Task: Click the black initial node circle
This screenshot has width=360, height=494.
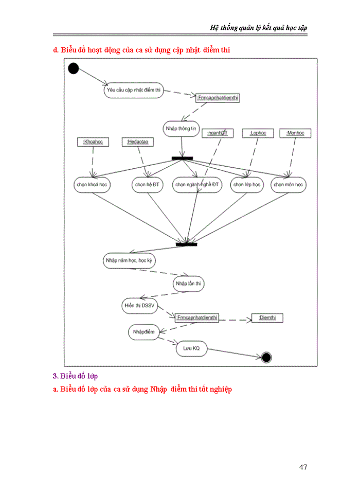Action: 73,68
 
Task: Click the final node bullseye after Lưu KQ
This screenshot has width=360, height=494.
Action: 266,358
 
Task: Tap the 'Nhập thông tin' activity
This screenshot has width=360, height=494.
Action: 181,129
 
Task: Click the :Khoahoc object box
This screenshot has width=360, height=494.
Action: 93,142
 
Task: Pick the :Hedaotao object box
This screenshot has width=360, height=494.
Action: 137,142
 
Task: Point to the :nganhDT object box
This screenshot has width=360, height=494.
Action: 217,133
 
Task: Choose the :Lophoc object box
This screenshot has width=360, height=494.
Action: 258,133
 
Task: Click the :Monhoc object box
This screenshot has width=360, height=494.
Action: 295,133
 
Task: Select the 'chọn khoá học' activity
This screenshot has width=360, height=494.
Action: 92,185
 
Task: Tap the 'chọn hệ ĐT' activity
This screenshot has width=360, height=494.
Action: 147,185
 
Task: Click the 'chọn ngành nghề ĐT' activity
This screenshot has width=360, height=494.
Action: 197,185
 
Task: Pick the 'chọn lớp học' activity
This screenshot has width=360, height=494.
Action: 247,185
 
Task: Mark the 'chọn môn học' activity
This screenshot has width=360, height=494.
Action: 289,185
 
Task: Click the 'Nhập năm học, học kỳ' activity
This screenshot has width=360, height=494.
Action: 129,261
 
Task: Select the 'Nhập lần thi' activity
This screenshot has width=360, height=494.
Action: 188,284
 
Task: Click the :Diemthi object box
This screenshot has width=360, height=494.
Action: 267,318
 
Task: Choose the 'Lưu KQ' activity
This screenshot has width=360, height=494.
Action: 191,349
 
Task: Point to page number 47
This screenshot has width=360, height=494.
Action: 303,467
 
